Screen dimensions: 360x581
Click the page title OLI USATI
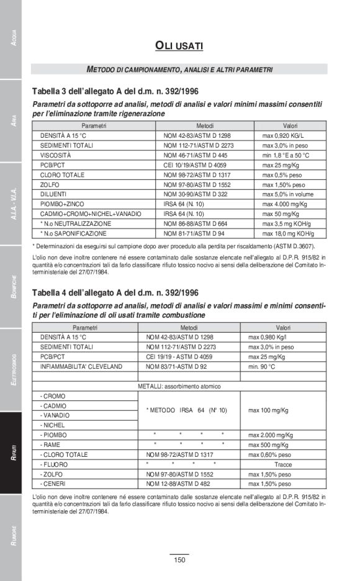tap(179, 45)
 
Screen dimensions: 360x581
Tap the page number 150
tap(179, 560)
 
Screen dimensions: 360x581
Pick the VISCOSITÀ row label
tap(56, 155)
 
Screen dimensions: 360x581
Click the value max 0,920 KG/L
tap(283, 135)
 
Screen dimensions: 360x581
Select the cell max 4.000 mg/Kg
tap(285, 204)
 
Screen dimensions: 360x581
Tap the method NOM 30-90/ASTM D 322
tap(196, 194)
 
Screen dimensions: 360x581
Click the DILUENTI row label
tap(55, 194)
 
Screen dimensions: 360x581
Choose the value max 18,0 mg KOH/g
tap(288, 234)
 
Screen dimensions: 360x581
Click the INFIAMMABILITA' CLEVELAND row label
tap(81, 367)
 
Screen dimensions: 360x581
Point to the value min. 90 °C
tap(263, 367)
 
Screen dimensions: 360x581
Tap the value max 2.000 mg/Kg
tap(271, 435)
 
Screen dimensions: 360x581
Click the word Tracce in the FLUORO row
tap(282, 464)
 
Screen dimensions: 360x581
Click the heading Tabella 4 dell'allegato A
tap(117, 292)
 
